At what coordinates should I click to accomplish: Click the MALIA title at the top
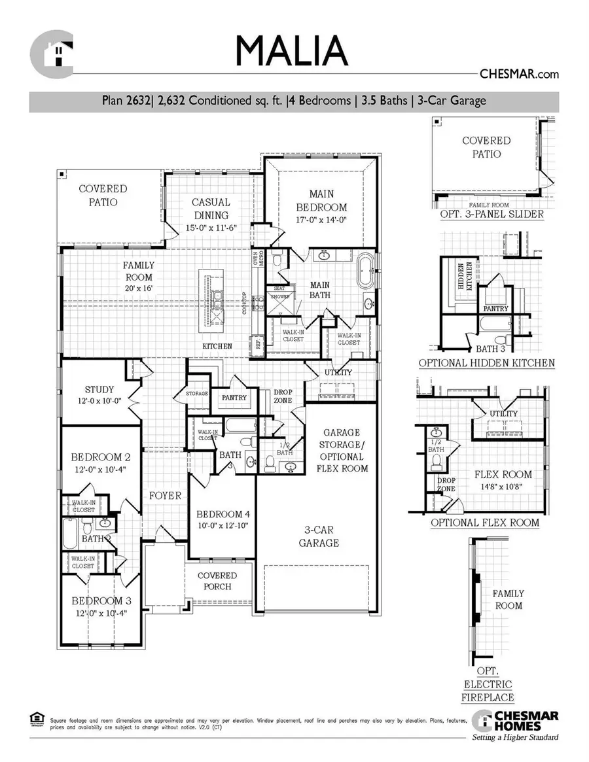pos(292,51)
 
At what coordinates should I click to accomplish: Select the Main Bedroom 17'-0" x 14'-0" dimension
pos(322,220)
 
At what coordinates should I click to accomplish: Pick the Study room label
pos(99,390)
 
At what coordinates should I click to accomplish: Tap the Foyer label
pos(165,495)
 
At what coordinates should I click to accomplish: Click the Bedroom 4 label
pos(221,513)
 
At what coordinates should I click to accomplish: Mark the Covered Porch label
pos(217,581)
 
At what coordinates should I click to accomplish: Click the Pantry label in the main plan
pos(234,397)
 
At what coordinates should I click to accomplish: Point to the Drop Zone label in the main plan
pos(283,396)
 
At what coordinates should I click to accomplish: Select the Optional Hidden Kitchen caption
pos(486,363)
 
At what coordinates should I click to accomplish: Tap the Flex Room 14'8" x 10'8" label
pos(503,480)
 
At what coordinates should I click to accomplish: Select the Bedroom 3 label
pos(97,600)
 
